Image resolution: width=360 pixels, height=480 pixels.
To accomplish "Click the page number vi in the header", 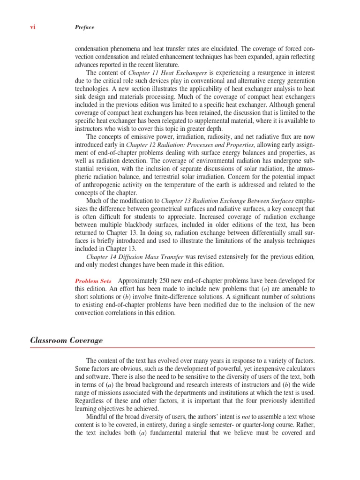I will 32,27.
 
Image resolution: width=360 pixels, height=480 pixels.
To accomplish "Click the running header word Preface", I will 84,27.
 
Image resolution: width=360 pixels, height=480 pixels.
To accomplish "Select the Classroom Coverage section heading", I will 67,340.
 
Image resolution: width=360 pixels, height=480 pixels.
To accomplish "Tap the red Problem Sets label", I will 93,281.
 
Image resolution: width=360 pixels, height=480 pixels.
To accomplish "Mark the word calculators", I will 295,369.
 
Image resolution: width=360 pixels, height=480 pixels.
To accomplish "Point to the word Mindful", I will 97,417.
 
